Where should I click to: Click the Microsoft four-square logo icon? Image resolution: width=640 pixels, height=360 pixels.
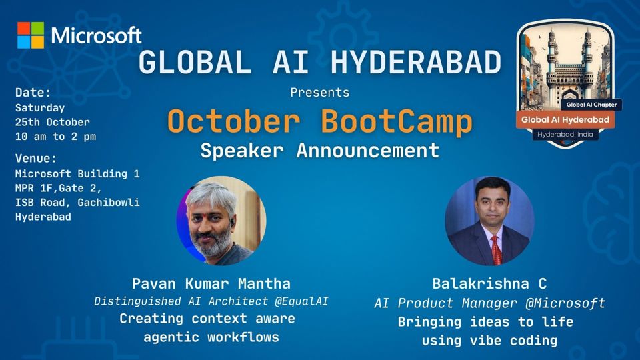click(x=31, y=35)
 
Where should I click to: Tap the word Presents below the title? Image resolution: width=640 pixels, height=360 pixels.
click(x=319, y=93)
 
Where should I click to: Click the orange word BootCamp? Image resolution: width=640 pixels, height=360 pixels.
click(x=397, y=121)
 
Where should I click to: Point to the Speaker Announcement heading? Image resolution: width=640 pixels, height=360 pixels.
click(x=320, y=150)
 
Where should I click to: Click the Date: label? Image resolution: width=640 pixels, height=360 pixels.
click(x=33, y=93)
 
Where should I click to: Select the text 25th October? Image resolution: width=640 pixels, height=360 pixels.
click(x=52, y=122)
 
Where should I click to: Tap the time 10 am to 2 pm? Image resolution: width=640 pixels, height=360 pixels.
click(x=55, y=137)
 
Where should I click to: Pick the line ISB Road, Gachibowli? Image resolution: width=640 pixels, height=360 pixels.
click(x=77, y=202)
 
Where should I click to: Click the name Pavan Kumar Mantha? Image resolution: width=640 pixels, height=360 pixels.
click(x=211, y=283)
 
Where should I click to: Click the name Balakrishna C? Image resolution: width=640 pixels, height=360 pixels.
click(x=490, y=283)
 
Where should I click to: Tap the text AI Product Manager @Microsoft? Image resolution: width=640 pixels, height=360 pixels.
click(x=490, y=303)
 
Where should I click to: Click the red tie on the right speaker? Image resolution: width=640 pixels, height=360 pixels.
click(x=495, y=248)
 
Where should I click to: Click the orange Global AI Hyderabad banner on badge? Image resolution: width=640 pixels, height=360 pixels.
click(x=565, y=119)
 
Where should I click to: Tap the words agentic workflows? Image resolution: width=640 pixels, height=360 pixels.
click(x=211, y=337)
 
